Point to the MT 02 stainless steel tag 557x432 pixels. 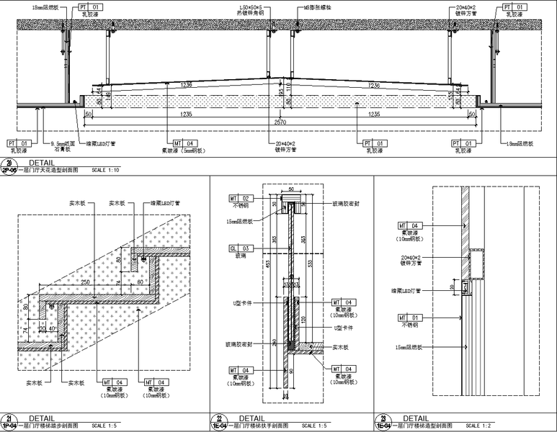239,198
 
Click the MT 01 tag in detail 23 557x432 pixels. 402,317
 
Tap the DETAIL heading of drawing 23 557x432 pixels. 416,418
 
